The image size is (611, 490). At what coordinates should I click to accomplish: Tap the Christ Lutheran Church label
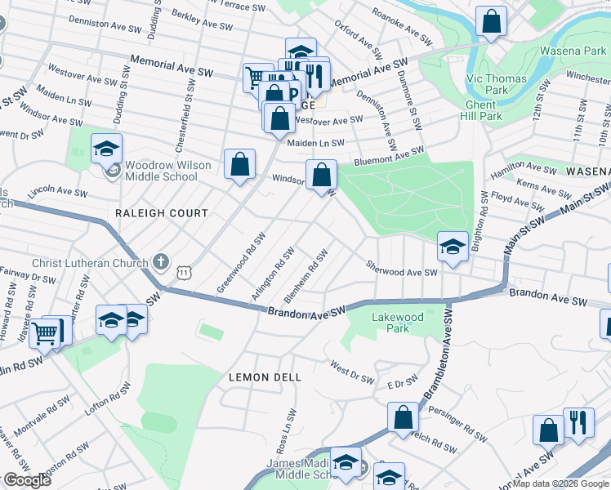pyautogui.click(x=90, y=263)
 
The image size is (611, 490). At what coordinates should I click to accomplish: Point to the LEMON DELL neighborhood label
pyautogui.click(x=265, y=377)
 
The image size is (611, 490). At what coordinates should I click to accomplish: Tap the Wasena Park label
pyautogui.click(x=573, y=51)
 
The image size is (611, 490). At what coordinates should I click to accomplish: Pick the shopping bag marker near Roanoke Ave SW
pyautogui.click(x=492, y=23)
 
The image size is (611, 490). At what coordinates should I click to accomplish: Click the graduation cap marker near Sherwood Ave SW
pyautogui.click(x=450, y=247)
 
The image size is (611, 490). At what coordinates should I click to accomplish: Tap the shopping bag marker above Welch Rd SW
pyautogui.click(x=404, y=418)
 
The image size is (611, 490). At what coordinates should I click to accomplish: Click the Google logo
pyautogui.click(x=27, y=480)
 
